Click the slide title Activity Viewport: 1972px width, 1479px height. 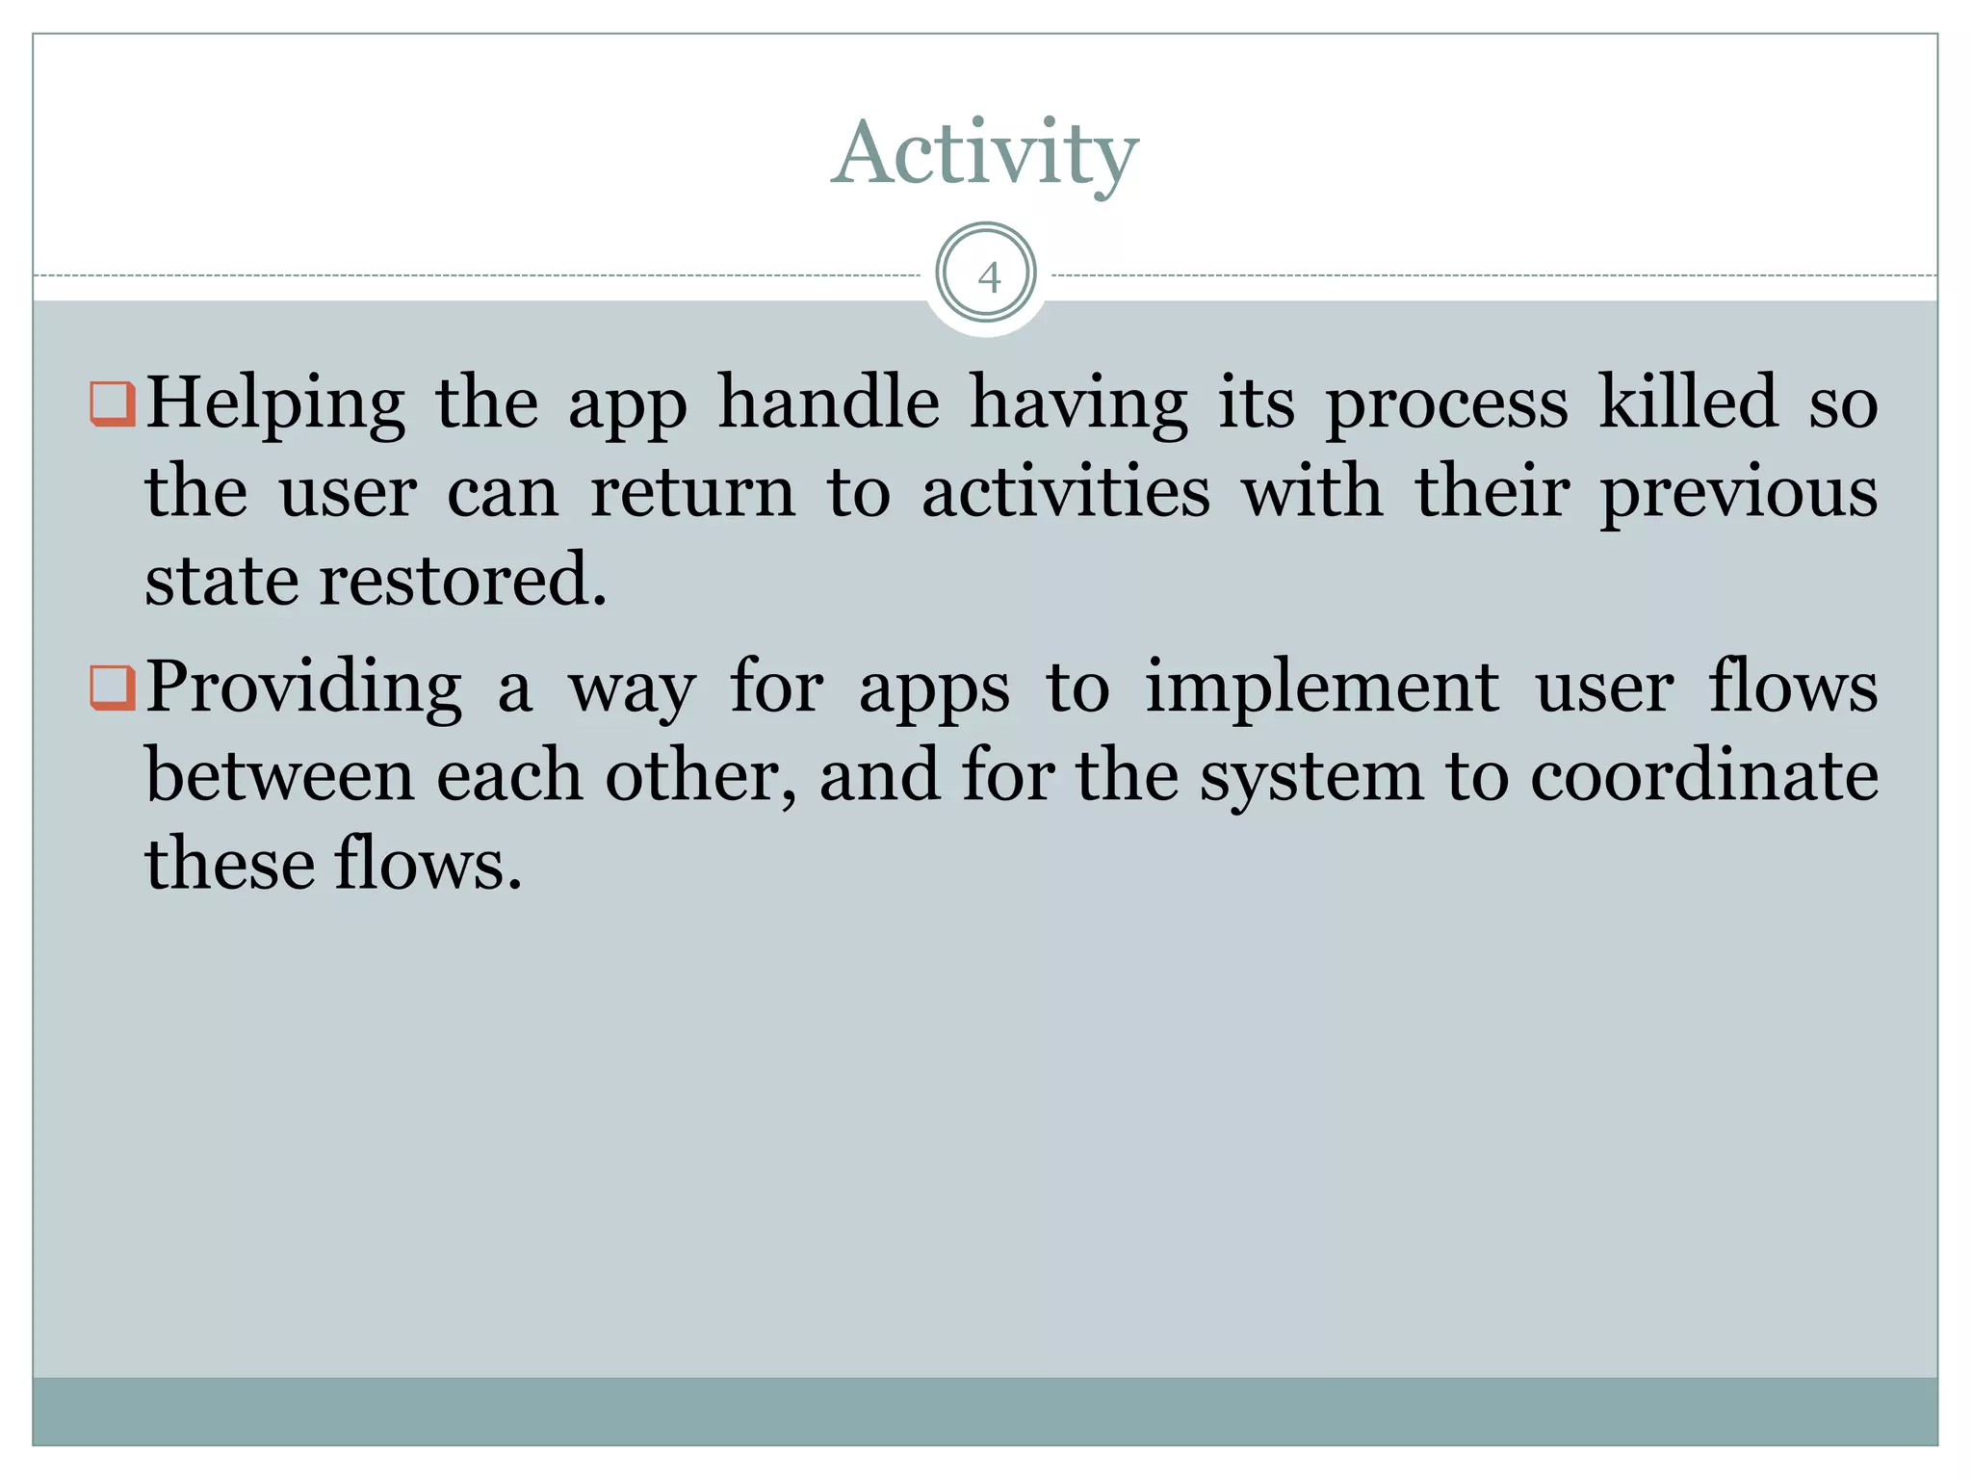pos(984,154)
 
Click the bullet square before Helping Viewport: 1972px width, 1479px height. pos(112,403)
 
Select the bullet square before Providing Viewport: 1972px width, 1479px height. pos(112,688)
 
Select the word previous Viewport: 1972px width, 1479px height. pos(1738,493)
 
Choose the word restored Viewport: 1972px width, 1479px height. pos(462,580)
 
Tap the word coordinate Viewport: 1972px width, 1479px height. pos(1704,775)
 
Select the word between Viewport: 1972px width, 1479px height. pos(280,775)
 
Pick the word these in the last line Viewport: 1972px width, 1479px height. pos(228,864)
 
